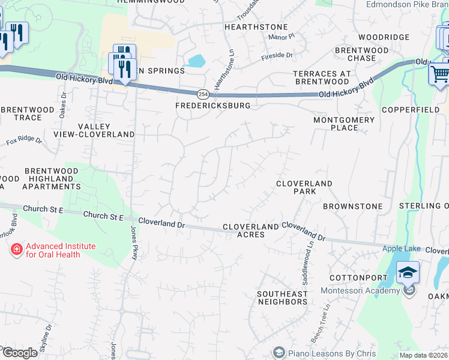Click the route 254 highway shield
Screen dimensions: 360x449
[x=203, y=94]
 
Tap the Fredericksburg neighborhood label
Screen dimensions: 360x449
[x=212, y=106]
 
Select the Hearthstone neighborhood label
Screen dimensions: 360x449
[x=256, y=27]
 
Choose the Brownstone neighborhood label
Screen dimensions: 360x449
[x=352, y=206]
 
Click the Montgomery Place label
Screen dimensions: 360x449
[x=344, y=124]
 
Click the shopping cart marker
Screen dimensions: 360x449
[x=440, y=75]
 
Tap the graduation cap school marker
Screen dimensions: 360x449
[x=408, y=273]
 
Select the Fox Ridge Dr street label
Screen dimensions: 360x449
[x=24, y=142]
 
